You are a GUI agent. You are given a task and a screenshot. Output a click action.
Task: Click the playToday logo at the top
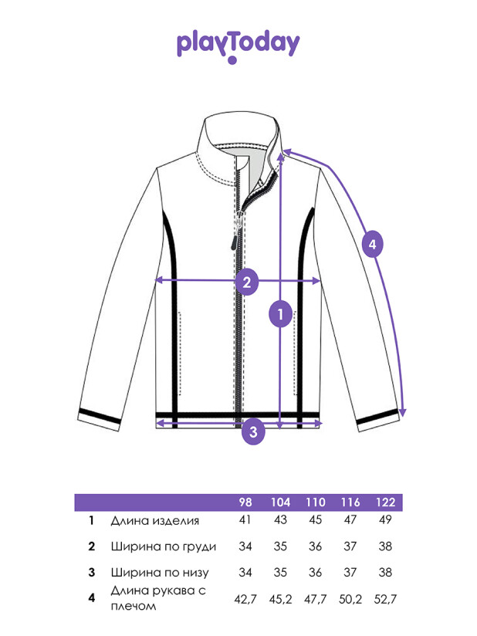tap(238, 46)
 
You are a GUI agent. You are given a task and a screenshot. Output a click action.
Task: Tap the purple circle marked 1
tap(280, 313)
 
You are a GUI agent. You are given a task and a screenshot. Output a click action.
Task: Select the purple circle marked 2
tap(247, 282)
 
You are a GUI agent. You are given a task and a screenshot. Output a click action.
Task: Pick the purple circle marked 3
tap(253, 431)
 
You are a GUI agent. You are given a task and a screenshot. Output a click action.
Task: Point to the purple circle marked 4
tap(372, 244)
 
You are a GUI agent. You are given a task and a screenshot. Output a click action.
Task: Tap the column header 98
tap(245, 502)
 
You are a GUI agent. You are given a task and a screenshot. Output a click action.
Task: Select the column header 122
tap(385, 502)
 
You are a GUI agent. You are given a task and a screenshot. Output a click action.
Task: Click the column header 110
tap(316, 502)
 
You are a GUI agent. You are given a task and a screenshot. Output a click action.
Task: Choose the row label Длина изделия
tap(155, 521)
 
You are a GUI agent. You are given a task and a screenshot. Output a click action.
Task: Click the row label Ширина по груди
tap(164, 546)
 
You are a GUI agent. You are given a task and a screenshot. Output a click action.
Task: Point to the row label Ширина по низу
tap(160, 573)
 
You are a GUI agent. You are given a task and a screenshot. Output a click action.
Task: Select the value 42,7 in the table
tap(245, 599)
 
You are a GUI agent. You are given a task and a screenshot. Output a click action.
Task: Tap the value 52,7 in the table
tap(385, 599)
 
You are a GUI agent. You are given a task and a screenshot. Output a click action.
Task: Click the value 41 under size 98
tap(245, 520)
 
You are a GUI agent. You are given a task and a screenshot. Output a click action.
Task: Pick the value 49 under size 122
tap(385, 520)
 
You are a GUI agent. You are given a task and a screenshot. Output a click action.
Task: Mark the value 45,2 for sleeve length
tap(280, 599)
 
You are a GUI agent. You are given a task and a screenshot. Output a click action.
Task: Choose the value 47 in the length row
tap(350, 520)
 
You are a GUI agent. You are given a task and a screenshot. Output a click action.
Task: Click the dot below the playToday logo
tap(232, 60)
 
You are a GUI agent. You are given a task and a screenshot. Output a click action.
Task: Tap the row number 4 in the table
tap(92, 598)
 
